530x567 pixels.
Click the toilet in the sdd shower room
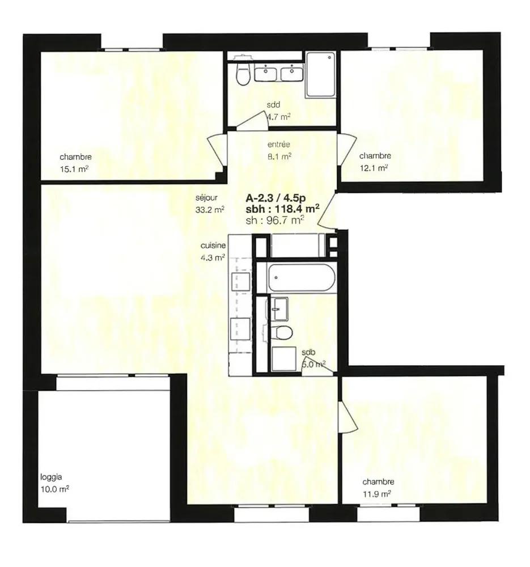[x=243, y=73]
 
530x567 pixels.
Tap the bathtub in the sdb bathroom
[x=302, y=278]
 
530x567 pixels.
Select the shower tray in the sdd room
[x=320, y=74]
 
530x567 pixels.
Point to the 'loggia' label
[x=51, y=477]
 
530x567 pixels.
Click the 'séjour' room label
[x=206, y=198]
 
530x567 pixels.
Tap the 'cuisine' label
[x=213, y=246]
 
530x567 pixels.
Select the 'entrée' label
[x=279, y=145]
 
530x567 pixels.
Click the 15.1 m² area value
[x=74, y=169]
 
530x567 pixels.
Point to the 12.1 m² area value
[x=374, y=168]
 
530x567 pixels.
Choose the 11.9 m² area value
[x=377, y=494]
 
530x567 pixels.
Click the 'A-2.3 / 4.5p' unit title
[x=275, y=198]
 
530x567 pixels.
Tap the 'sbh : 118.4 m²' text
[x=282, y=209]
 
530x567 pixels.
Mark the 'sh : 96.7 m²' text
[x=275, y=220]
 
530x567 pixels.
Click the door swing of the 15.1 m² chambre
[x=217, y=151]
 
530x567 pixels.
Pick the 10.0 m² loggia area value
[x=54, y=489]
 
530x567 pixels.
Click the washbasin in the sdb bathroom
[x=280, y=309]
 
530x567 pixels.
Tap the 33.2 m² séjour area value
[x=210, y=210]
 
